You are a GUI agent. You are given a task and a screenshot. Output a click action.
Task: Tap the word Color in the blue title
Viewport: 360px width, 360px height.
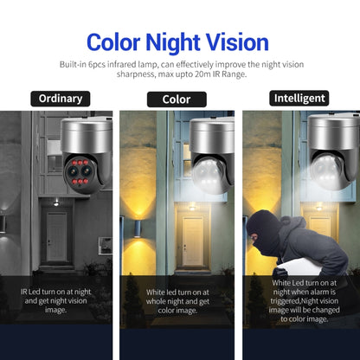(118, 42)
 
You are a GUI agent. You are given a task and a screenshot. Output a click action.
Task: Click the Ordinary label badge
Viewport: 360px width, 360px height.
(60, 99)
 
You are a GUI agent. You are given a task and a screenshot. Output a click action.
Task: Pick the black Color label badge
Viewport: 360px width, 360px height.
(177, 99)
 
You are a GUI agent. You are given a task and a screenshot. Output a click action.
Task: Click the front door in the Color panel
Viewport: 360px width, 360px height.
(192, 235)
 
